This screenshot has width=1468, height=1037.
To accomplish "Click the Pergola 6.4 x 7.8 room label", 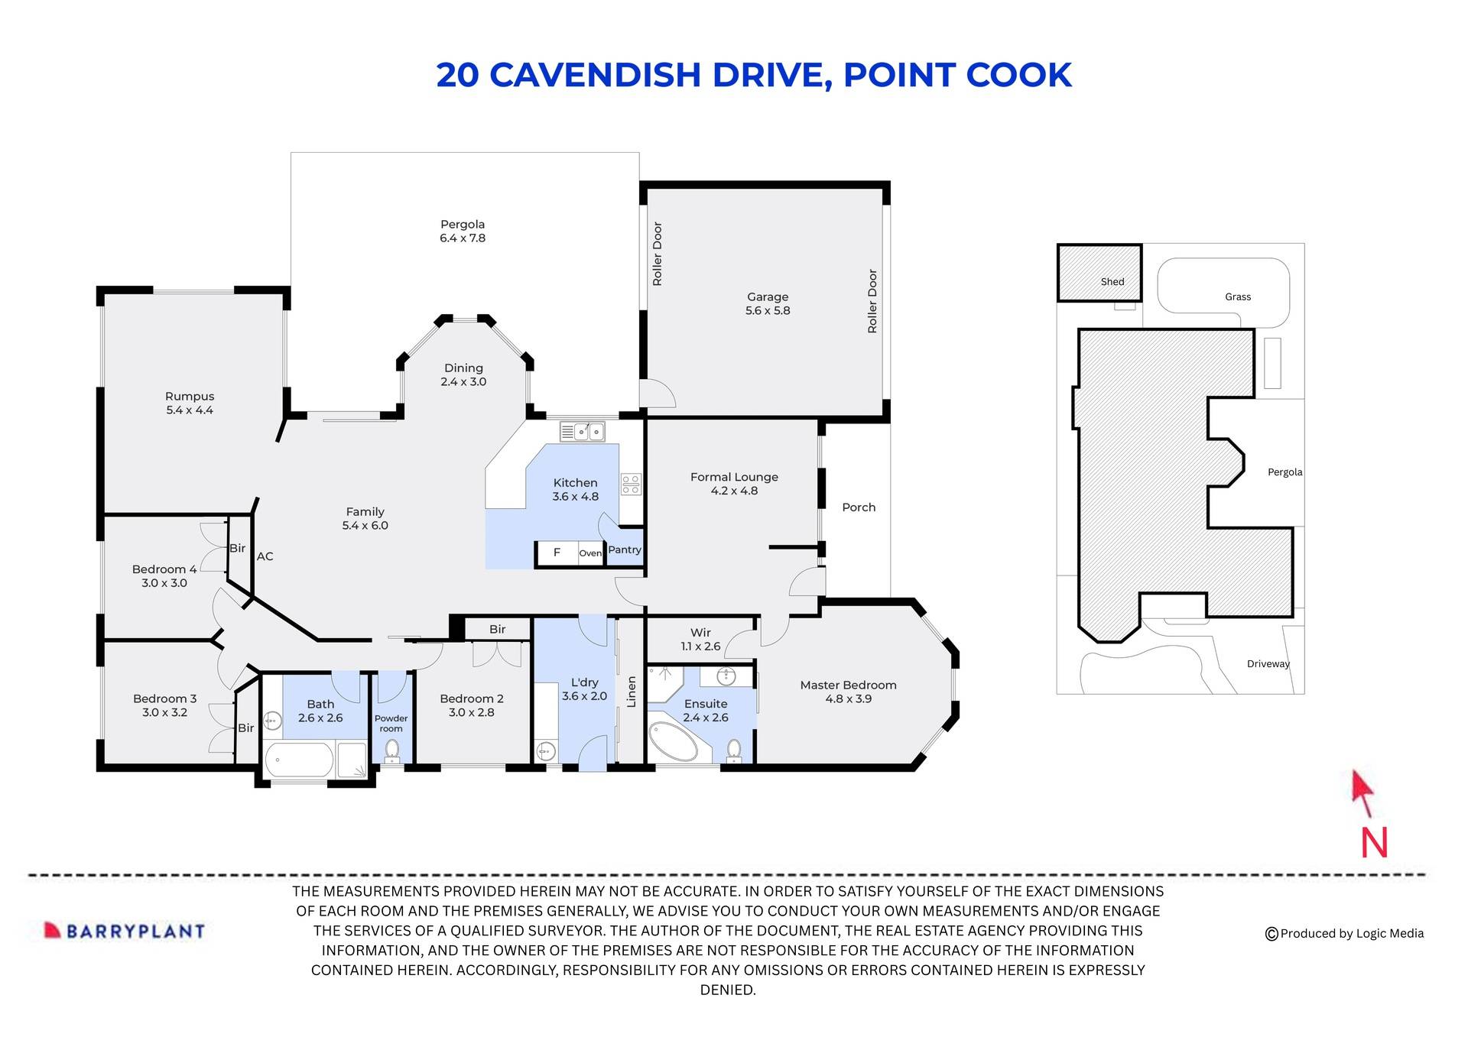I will tap(463, 231).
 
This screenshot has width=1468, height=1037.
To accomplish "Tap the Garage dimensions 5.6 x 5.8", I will tap(768, 311).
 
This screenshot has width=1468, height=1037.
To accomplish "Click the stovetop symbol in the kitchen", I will tap(631, 483).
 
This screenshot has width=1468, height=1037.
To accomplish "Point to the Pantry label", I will tap(625, 549).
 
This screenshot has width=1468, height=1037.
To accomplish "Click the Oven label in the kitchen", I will tap(590, 553).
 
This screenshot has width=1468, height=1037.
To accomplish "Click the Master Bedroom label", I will tap(848, 685).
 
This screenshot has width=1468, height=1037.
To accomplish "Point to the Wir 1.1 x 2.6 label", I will tap(700, 639).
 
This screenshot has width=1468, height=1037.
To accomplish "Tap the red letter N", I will tap(1374, 843).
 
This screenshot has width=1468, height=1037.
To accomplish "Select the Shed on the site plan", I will tap(1099, 273).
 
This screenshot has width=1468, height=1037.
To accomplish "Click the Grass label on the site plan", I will tap(1237, 297).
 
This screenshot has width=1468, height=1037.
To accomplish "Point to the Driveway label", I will tap(1268, 664).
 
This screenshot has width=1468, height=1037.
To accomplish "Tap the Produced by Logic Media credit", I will tap(1345, 933).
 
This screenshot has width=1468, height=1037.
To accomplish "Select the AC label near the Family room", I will tap(265, 556).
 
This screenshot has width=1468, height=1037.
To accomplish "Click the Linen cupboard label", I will tap(632, 692).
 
